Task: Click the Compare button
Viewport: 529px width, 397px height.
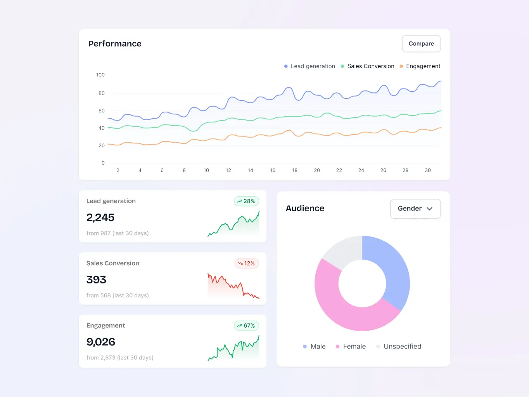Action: coord(421,44)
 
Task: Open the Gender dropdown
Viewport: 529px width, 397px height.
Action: coord(415,209)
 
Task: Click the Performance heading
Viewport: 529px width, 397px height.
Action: coord(115,44)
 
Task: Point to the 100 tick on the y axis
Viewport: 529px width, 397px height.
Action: coord(100,75)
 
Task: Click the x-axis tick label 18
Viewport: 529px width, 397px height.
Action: coord(295,170)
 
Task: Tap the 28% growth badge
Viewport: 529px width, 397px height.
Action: coord(246,201)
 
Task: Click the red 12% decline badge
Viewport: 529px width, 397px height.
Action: coord(247,264)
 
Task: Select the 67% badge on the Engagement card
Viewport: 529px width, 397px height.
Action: coord(246,326)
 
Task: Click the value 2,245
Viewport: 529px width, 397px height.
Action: coord(100,217)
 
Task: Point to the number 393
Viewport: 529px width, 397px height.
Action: coord(96,280)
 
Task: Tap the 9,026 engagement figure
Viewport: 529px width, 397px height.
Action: coord(101,342)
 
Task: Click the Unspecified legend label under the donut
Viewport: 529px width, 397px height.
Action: coord(402,347)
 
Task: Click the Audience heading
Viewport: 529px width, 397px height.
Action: coord(305,209)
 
